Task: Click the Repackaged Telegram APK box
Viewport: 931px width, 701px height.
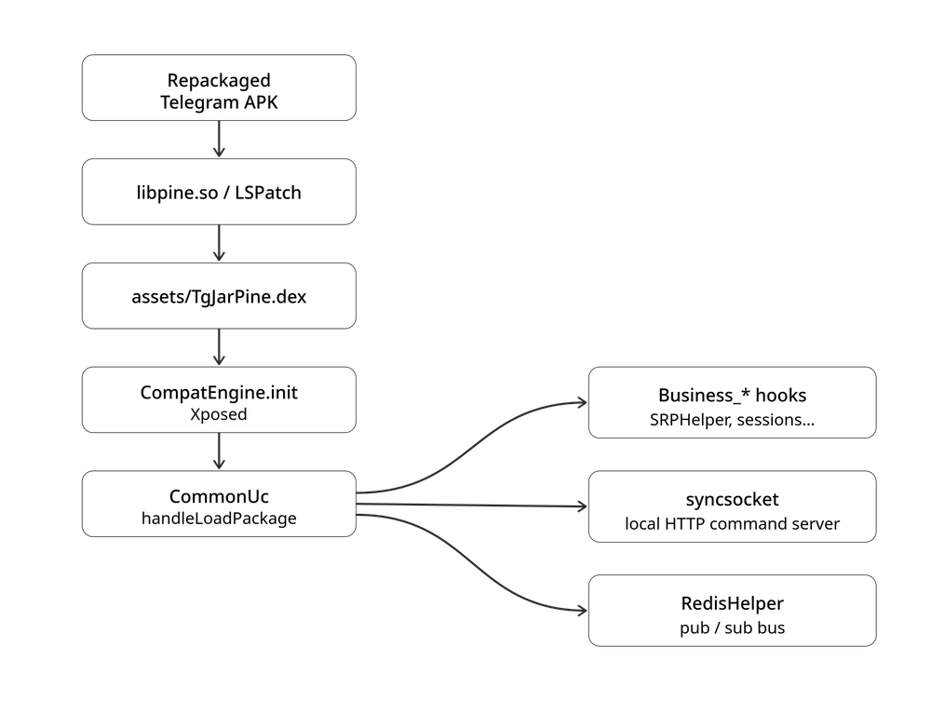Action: coord(219,88)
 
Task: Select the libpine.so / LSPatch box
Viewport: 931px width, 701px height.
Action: coord(219,192)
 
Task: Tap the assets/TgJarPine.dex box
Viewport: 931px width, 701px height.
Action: coord(219,296)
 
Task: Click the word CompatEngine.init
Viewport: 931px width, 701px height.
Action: coord(219,392)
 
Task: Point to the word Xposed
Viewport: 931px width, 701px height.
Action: coord(219,414)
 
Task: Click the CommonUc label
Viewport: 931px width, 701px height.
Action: coord(219,496)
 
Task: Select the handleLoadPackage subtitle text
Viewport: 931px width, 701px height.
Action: coord(219,519)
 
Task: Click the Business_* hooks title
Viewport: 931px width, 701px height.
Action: coord(732,396)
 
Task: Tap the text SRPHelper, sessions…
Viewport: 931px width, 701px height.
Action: coord(732,420)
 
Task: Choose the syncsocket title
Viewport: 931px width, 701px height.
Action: coord(732,499)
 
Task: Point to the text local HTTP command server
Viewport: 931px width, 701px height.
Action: coord(732,523)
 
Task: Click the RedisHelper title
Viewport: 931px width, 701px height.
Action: coord(732,603)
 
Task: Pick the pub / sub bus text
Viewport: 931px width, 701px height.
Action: coord(732,627)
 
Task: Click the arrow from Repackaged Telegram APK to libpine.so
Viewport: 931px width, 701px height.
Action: coord(219,140)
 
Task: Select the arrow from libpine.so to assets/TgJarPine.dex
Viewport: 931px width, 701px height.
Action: coord(219,243)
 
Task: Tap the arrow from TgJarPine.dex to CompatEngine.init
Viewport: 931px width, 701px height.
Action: coord(219,347)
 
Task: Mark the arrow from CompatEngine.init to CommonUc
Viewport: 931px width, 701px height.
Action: coord(219,452)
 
